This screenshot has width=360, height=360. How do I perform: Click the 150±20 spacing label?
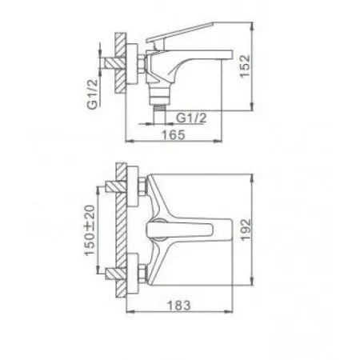coord(91,230)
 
